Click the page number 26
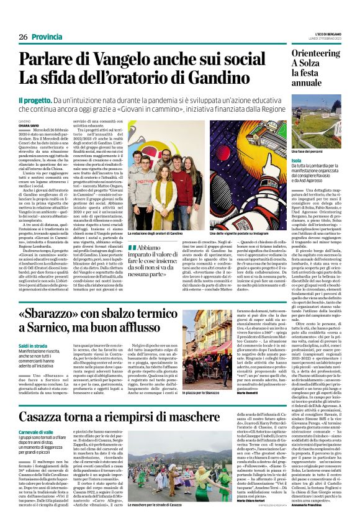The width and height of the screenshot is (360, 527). [x=24, y=37]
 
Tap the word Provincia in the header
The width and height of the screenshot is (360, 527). [x=47, y=37]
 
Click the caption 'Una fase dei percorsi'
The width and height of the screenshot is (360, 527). [x=307, y=151]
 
